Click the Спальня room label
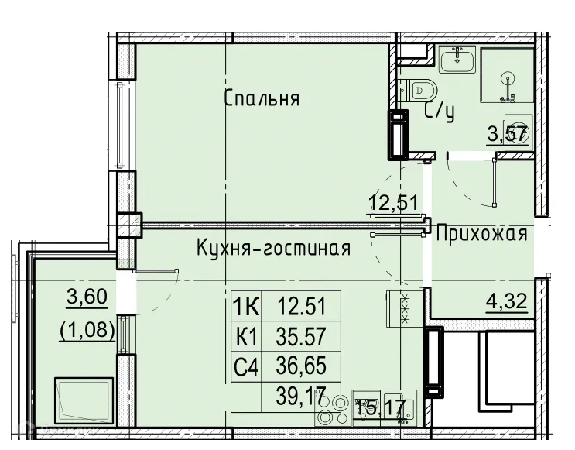click(262, 100)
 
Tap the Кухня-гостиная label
click(273, 249)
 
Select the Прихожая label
click(481, 235)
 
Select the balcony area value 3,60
click(87, 297)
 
